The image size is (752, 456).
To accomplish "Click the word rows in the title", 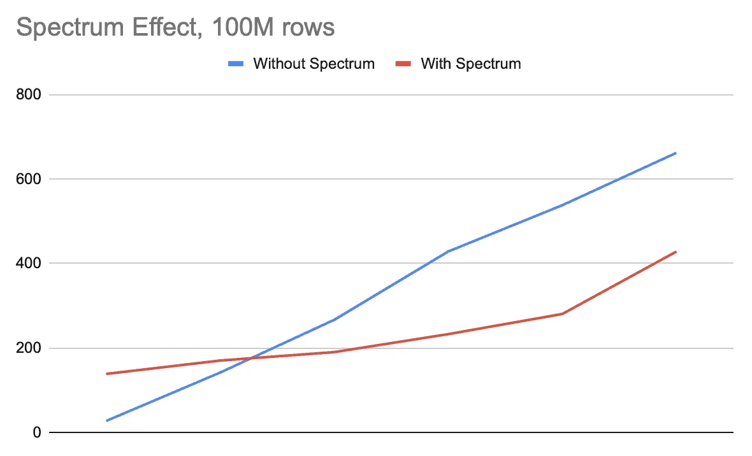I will click(x=312, y=27).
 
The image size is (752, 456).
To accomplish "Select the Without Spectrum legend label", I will click(x=314, y=64).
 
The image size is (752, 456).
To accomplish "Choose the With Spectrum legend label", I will click(x=471, y=64).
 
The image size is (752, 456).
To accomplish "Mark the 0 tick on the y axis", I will click(x=38, y=433).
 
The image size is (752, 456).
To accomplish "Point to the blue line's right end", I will click(x=676, y=153).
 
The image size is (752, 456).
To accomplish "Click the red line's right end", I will click(x=676, y=252).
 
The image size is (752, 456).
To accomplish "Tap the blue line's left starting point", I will click(x=106, y=421).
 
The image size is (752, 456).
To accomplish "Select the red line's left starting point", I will click(x=106, y=374).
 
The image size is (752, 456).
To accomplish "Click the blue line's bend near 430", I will click(x=449, y=251).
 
